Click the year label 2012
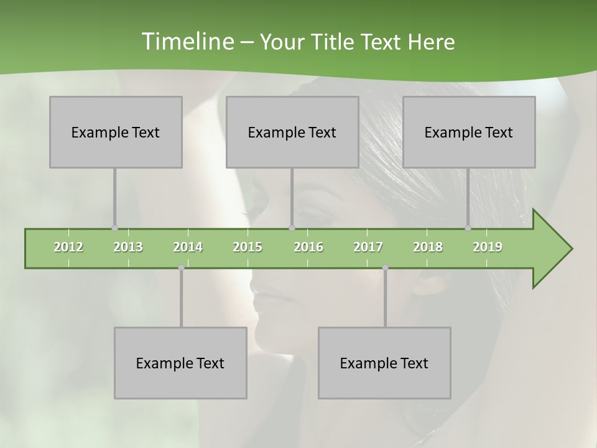(x=68, y=247)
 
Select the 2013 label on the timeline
(x=128, y=247)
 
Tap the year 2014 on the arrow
(x=188, y=247)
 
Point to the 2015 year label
(x=248, y=247)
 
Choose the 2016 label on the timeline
(x=308, y=247)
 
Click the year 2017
(x=368, y=247)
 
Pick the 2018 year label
(x=428, y=247)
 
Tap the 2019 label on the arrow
(x=488, y=247)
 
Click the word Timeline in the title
(x=187, y=42)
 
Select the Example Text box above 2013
(x=116, y=132)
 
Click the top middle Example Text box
(x=292, y=132)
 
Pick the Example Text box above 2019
(x=469, y=132)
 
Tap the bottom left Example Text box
(x=180, y=363)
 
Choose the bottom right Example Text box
(x=384, y=363)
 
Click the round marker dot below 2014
(x=181, y=268)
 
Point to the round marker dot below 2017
(x=385, y=268)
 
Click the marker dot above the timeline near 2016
(x=292, y=228)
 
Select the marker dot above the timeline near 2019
(x=468, y=228)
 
